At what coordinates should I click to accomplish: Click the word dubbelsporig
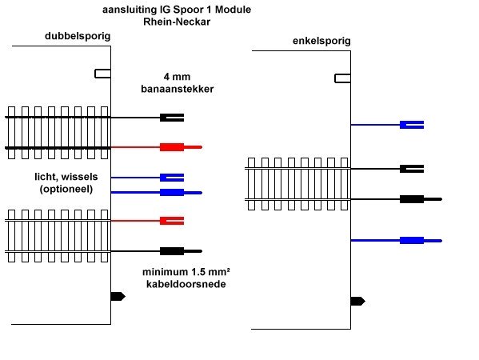click(x=78, y=36)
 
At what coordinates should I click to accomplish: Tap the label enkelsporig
click(x=321, y=41)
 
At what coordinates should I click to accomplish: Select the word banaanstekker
click(x=178, y=89)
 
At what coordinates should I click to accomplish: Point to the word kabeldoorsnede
click(x=186, y=284)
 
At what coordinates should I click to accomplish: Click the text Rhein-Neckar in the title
click(x=177, y=22)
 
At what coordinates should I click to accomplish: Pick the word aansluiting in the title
click(x=130, y=10)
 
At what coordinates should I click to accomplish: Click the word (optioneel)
click(x=66, y=189)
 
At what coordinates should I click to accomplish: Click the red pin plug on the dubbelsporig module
click(x=181, y=147)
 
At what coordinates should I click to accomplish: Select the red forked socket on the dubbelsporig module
click(x=172, y=221)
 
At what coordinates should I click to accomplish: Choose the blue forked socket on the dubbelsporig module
click(x=172, y=178)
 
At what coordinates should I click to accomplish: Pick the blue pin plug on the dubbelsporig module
click(x=181, y=193)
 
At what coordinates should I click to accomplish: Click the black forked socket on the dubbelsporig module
click(x=172, y=118)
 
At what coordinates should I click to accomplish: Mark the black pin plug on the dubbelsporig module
click(x=181, y=251)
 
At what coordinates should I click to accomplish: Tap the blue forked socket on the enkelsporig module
click(x=412, y=125)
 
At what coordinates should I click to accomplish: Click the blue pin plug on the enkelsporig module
click(x=421, y=241)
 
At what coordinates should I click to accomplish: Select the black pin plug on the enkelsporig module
click(x=421, y=199)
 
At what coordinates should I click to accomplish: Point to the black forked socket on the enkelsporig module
click(x=412, y=169)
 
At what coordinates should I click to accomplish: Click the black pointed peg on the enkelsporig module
click(x=357, y=302)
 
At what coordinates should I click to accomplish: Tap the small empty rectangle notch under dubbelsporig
click(x=102, y=74)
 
